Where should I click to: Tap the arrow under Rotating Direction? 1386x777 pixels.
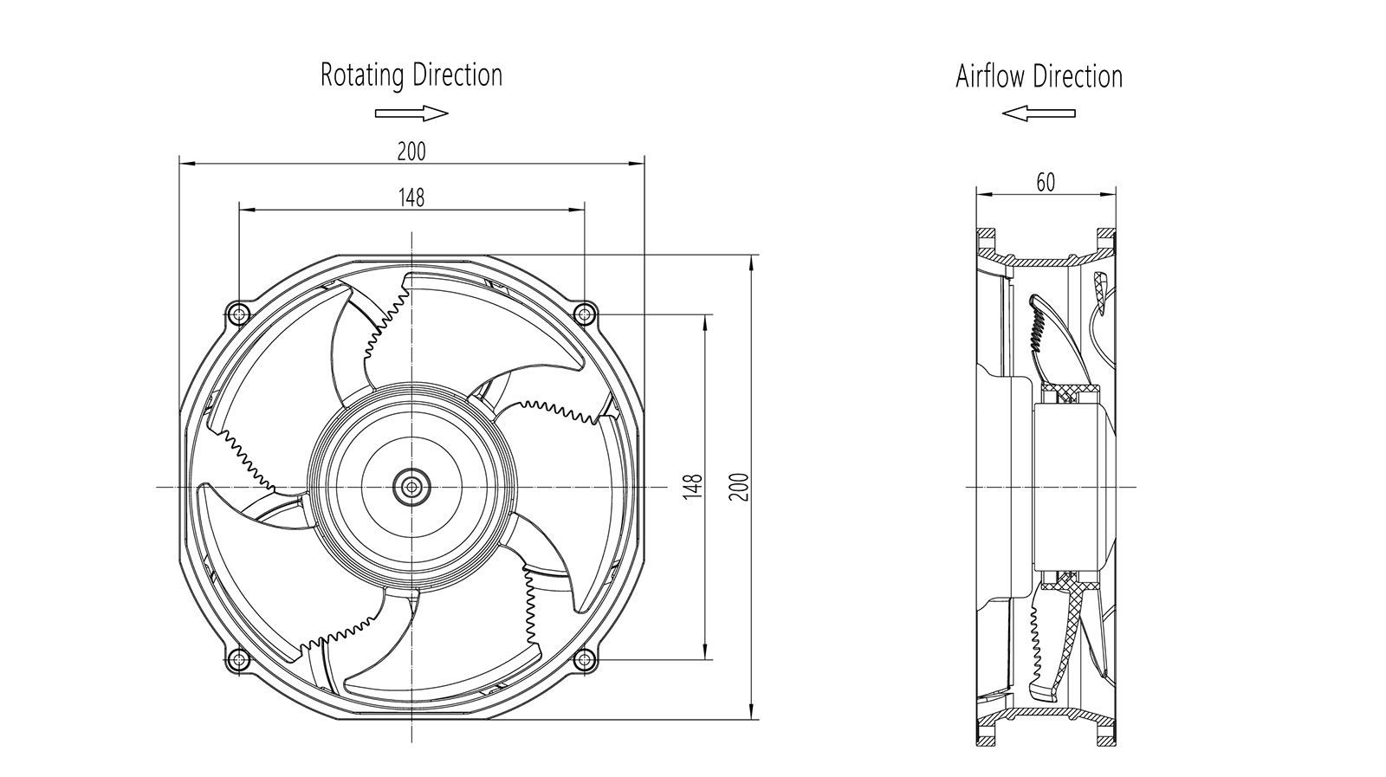(x=411, y=113)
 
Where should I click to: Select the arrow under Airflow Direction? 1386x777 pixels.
(x=1038, y=113)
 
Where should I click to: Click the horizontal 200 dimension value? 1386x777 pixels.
(x=411, y=152)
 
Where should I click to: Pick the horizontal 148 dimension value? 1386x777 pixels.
(x=411, y=198)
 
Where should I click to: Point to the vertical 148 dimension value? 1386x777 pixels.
(x=692, y=485)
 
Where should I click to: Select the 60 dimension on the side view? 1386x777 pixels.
(x=1046, y=183)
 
